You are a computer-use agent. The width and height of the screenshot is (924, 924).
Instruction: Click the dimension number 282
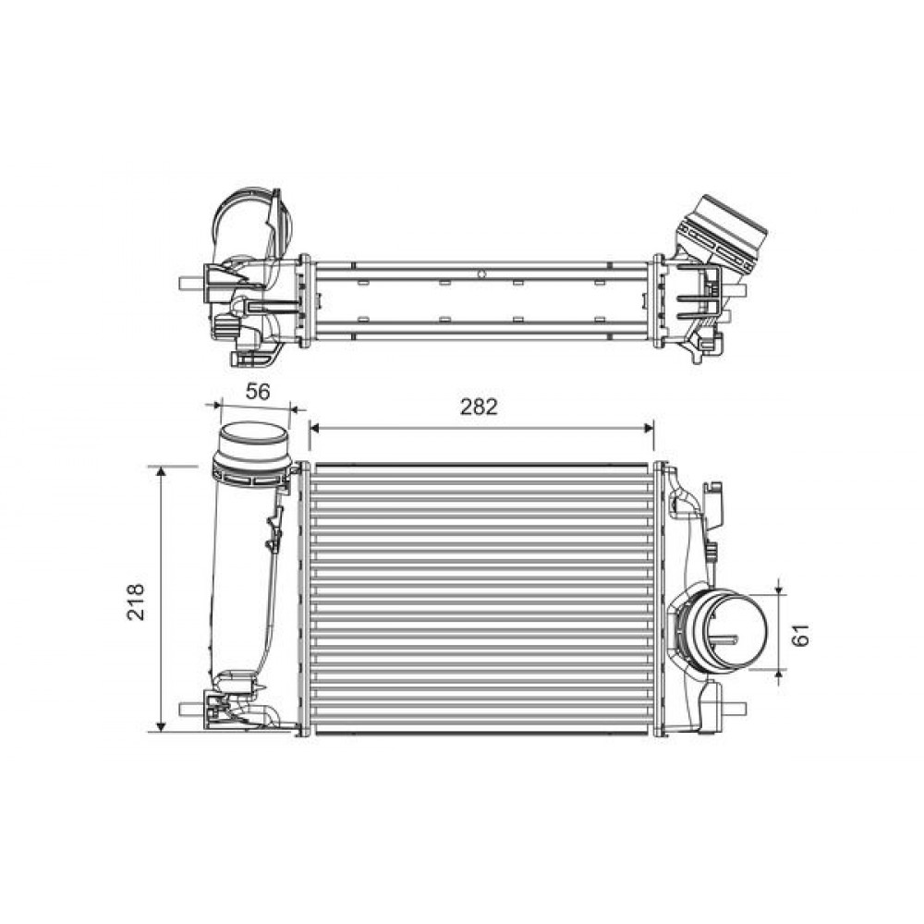pos(480,407)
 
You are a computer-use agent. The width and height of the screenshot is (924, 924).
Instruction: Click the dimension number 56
pos(258,391)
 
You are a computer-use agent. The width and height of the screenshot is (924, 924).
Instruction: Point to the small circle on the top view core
pos(481,274)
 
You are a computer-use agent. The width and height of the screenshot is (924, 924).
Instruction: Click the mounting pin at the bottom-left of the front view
pos(188,710)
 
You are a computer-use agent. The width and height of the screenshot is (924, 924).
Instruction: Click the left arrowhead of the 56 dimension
pos(218,405)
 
